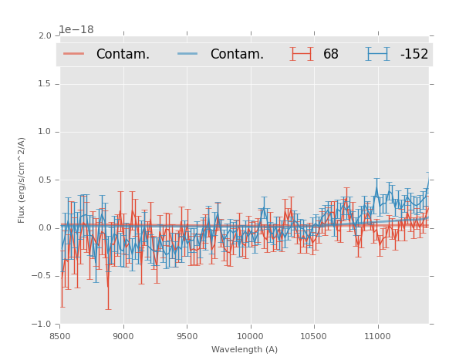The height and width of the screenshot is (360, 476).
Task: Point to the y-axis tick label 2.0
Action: pos(44,35)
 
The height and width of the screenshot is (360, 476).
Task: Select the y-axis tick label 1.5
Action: pos(44,84)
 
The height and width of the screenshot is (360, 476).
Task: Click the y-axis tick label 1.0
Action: pos(44,132)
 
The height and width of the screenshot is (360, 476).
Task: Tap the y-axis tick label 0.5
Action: pos(44,180)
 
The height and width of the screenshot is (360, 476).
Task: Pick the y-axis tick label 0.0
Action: pos(44,228)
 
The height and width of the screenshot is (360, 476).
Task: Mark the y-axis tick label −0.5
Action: pos(42,276)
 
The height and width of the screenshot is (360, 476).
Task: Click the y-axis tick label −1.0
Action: pos(42,324)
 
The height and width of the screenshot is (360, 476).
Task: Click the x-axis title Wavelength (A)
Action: pos(245,349)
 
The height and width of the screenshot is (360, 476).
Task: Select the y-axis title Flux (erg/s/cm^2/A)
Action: pos(22,180)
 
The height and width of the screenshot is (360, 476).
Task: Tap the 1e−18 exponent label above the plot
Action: pos(76,30)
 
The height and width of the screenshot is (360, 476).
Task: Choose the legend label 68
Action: pos(331,55)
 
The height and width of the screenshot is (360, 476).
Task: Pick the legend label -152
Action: pos(414,55)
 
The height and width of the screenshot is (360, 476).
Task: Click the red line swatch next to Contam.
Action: pos(74,54)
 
